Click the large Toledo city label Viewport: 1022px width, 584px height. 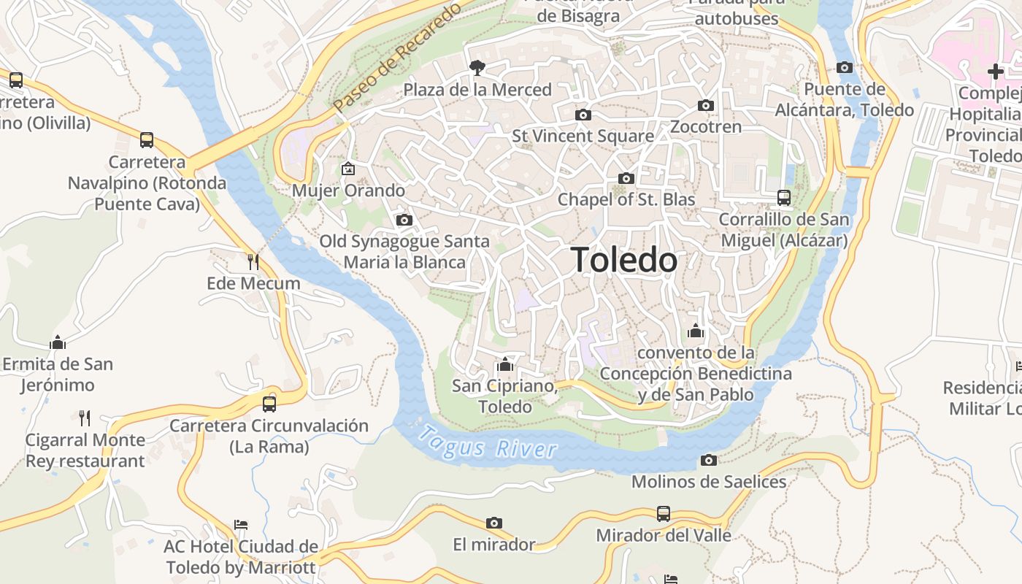[x=623, y=260]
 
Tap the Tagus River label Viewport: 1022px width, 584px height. [x=487, y=442]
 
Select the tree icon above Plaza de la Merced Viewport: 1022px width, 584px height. [x=477, y=68]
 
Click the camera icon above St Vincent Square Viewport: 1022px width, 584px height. [x=583, y=115]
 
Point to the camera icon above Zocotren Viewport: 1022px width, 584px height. [x=705, y=105]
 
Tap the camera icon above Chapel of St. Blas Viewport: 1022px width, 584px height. [x=626, y=178]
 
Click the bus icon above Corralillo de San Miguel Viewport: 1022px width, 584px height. [x=784, y=198]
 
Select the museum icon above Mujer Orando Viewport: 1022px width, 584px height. [x=348, y=169]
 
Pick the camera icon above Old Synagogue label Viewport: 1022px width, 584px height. [x=404, y=220]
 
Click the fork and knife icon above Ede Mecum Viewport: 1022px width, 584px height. [x=253, y=261]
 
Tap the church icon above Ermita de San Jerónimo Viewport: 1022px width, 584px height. [x=58, y=342]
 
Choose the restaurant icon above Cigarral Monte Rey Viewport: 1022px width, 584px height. [x=85, y=418]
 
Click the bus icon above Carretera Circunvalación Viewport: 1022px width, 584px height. [x=269, y=404]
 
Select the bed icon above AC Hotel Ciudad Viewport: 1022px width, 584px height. [x=241, y=524]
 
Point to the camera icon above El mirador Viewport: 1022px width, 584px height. [x=494, y=523]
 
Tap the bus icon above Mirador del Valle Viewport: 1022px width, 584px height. [x=663, y=514]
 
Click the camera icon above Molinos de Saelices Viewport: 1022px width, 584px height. [x=708, y=460]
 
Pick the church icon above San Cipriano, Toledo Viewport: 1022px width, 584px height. [x=504, y=364]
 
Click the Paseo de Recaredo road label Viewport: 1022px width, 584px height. [x=398, y=57]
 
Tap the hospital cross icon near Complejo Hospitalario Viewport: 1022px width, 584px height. [x=995, y=72]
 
